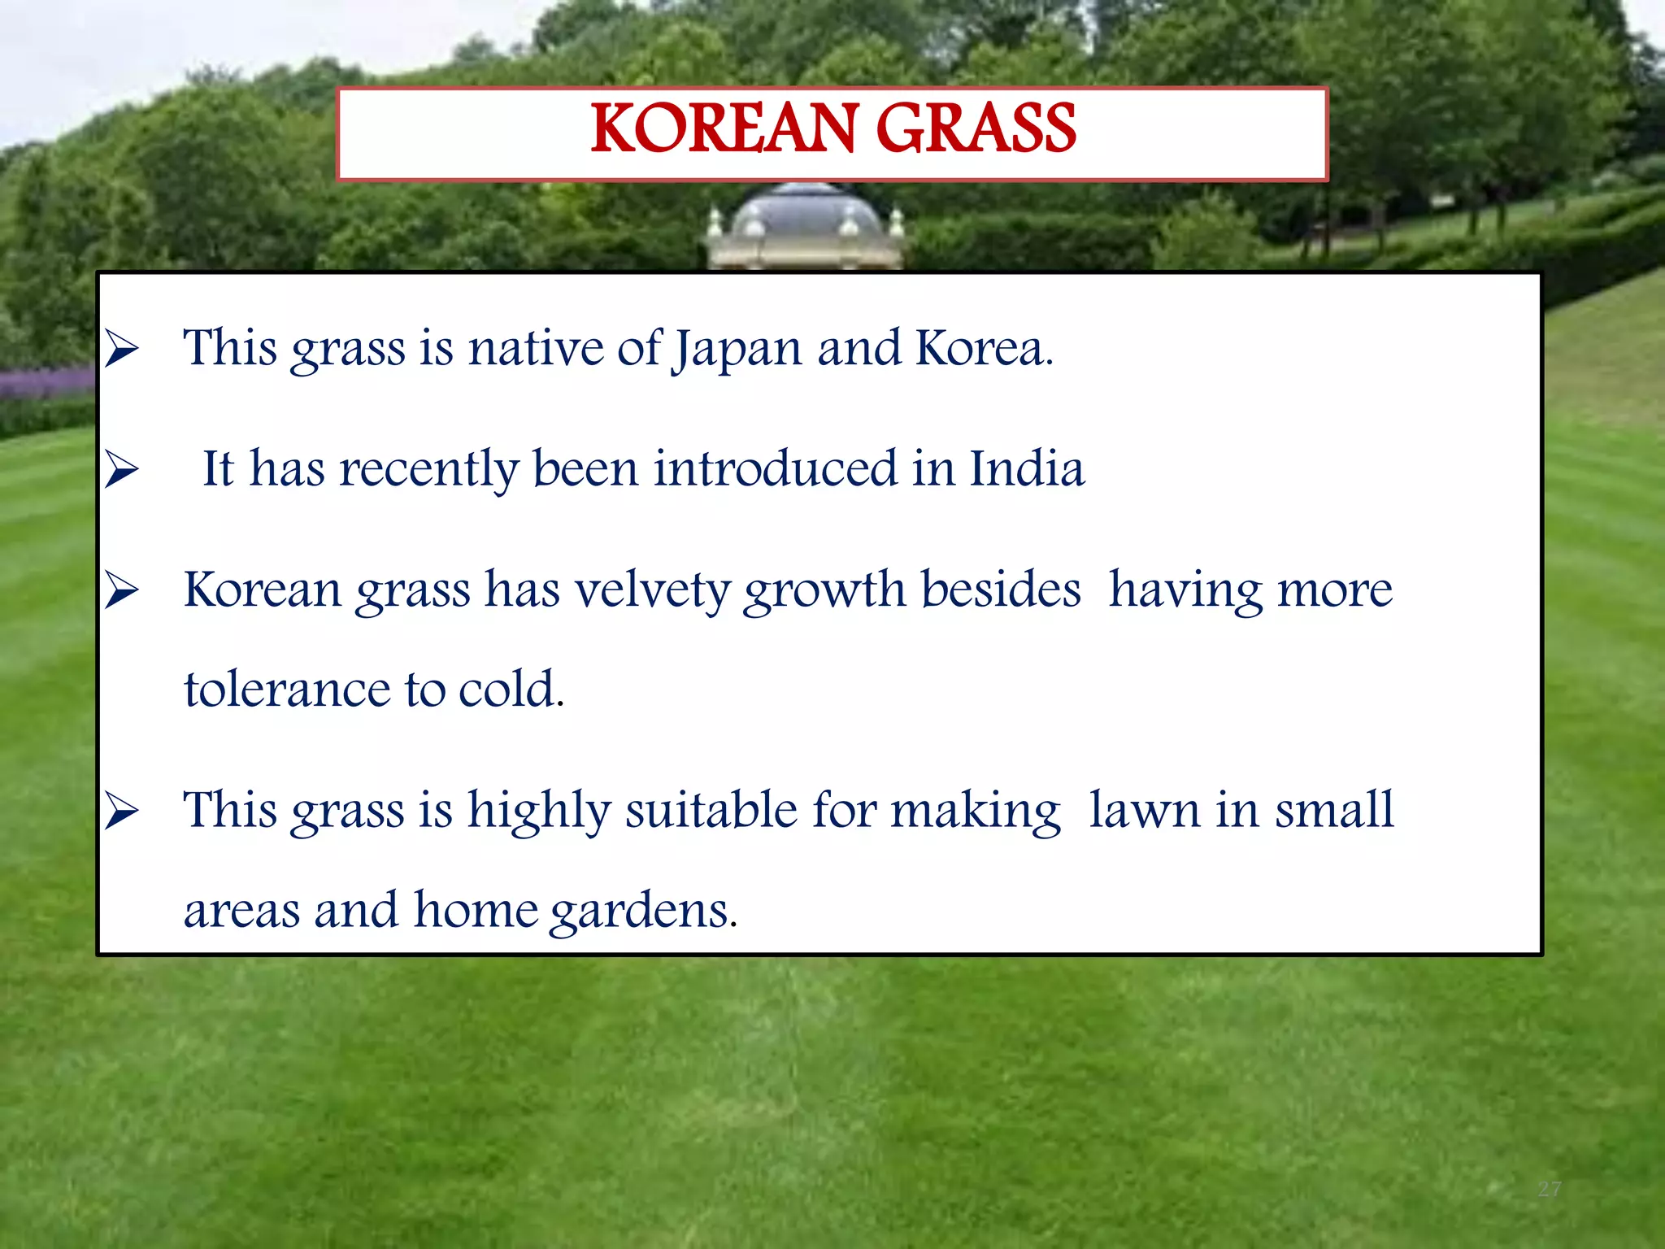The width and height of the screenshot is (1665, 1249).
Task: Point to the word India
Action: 1027,469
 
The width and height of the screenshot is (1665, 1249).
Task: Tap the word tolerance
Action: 287,690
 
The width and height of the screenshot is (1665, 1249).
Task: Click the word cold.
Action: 511,690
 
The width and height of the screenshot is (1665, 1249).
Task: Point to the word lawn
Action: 1145,811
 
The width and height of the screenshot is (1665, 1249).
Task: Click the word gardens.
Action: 644,912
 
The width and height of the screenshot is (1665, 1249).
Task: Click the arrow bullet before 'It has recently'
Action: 122,470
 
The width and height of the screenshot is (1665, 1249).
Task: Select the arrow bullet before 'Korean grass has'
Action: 122,590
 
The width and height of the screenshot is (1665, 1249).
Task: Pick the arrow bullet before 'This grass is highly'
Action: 122,811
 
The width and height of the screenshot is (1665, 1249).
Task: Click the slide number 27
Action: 1550,1190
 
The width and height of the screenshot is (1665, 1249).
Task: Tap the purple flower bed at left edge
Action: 45,382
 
